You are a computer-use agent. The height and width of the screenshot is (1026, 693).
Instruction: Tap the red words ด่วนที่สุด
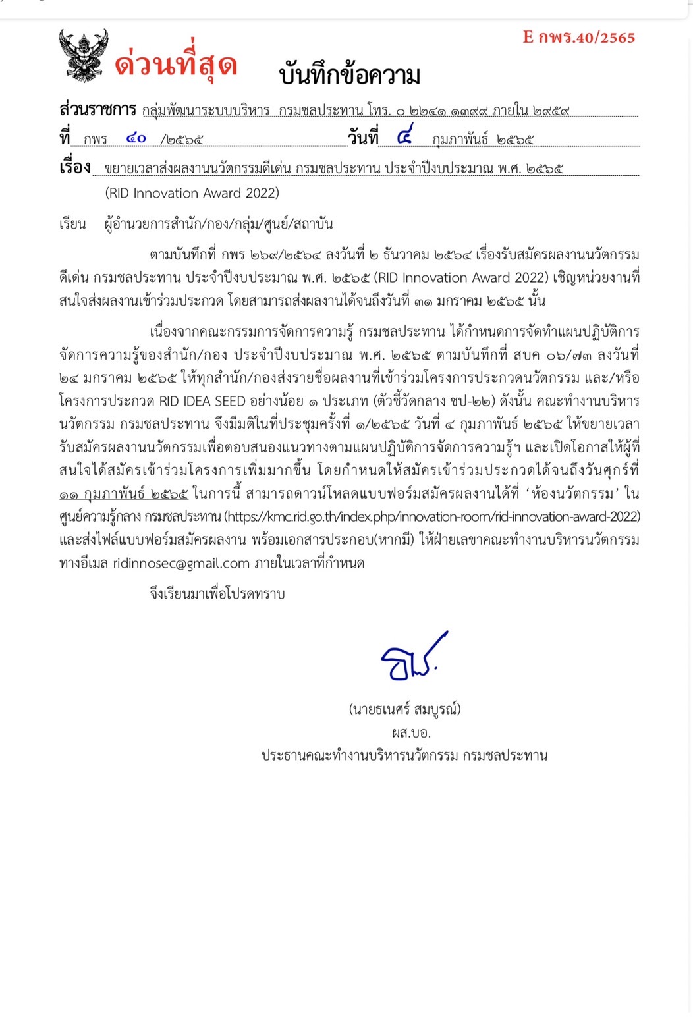pyautogui.click(x=176, y=65)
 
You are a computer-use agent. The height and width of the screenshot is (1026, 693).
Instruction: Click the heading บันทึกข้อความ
pyautogui.click(x=349, y=74)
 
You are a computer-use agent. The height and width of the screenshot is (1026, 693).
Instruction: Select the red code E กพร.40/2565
pyautogui.click(x=579, y=38)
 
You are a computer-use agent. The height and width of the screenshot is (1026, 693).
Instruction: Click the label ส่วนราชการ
pyautogui.click(x=97, y=109)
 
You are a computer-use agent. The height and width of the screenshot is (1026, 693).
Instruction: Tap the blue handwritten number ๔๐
pyautogui.click(x=136, y=138)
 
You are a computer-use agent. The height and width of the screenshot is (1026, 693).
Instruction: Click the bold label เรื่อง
pyautogui.click(x=75, y=167)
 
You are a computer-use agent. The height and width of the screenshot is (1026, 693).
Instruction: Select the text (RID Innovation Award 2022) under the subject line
pyautogui.click(x=192, y=193)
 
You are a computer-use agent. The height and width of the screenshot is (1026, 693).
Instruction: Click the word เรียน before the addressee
pyautogui.click(x=72, y=224)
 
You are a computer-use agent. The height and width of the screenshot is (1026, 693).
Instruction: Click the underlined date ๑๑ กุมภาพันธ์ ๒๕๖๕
pyautogui.click(x=124, y=494)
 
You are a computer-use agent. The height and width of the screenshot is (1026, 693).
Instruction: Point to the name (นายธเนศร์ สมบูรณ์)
pyautogui.click(x=404, y=709)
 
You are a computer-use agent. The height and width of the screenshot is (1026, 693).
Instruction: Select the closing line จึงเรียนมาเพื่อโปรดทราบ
pyautogui.click(x=217, y=594)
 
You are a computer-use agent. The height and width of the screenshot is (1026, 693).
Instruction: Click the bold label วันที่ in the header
pyautogui.click(x=363, y=138)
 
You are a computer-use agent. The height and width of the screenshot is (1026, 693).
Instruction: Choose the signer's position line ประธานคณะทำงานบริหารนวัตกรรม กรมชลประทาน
pyautogui.click(x=404, y=755)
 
